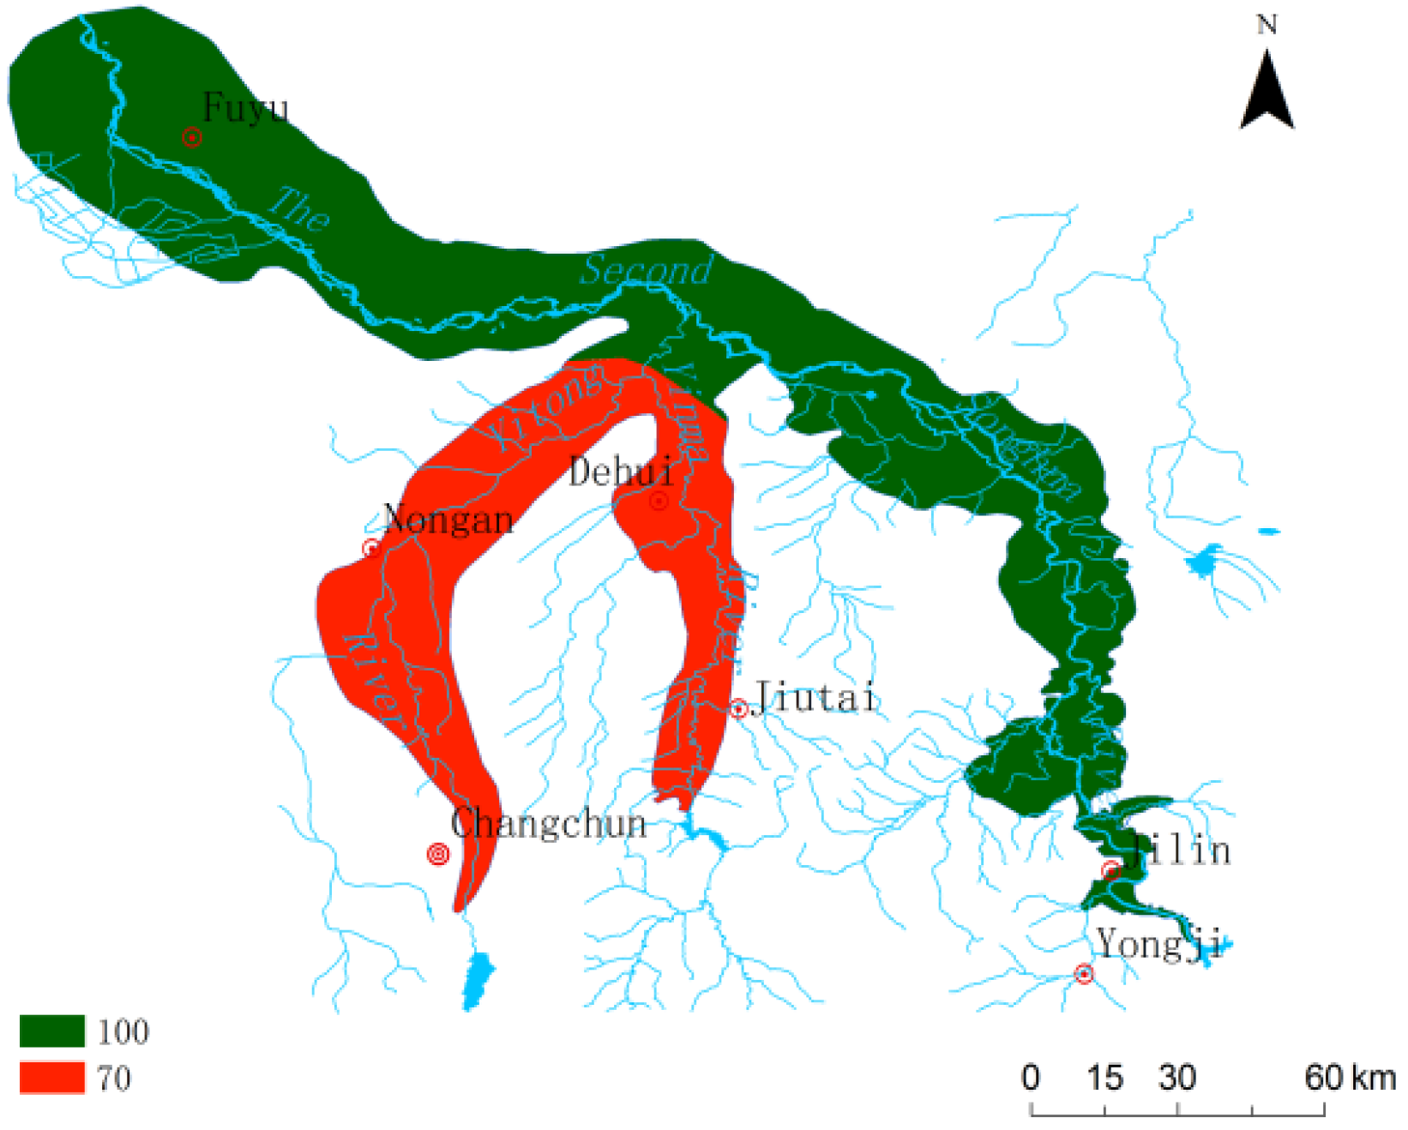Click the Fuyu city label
[245, 109]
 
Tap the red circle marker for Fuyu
[192, 137]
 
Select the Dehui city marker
[659, 501]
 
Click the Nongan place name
[448, 520]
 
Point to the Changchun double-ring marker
[438, 854]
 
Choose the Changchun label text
[549, 824]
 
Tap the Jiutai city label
[815, 698]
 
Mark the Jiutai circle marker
[738, 709]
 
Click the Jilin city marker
[1111, 871]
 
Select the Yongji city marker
[1085, 974]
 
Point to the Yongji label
[1159, 945]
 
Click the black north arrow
[1267, 92]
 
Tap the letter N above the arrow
[1267, 25]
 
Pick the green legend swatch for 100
[52, 1031]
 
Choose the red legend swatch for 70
[52, 1078]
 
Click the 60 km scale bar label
[1350, 1078]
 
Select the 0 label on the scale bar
[1031, 1078]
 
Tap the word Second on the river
[647, 270]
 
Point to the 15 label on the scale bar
[1104, 1078]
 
